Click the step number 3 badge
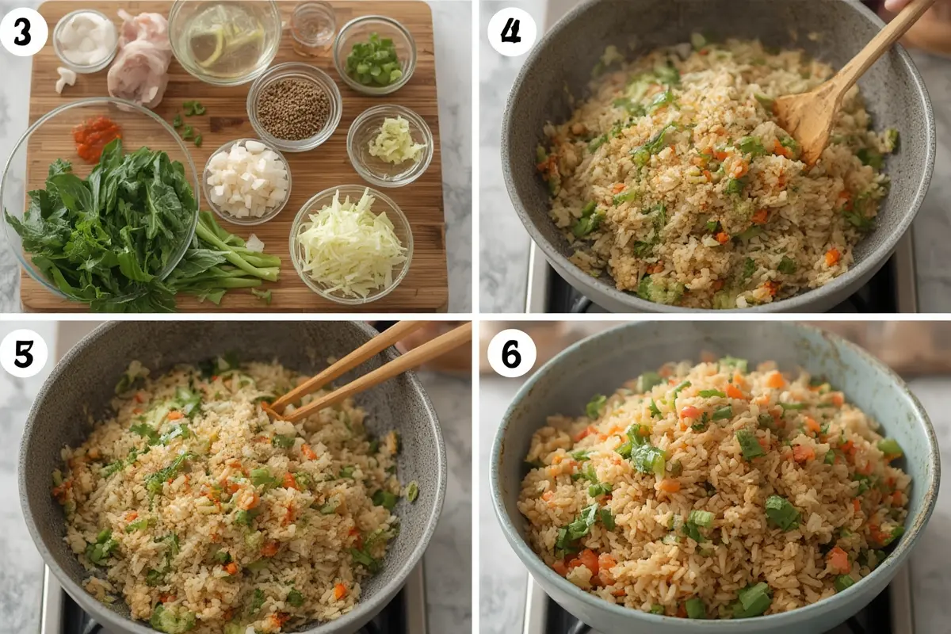coord(23,32)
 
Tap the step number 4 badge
coord(512,32)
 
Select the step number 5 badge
coord(23,353)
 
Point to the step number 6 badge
coord(512,353)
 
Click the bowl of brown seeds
coord(294,107)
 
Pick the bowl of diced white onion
coord(247,181)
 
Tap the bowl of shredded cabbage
coord(351,244)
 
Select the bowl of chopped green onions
coord(374,55)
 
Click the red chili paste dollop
coord(97,139)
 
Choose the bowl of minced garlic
coord(390,145)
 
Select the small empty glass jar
coord(313,29)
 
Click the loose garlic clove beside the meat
coord(66,79)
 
